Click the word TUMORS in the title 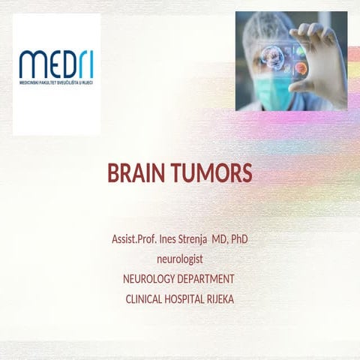tap(212, 175)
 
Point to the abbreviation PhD tap(239, 240)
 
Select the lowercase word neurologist tap(180, 259)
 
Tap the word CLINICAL tap(147, 298)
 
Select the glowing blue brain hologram tap(274, 58)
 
